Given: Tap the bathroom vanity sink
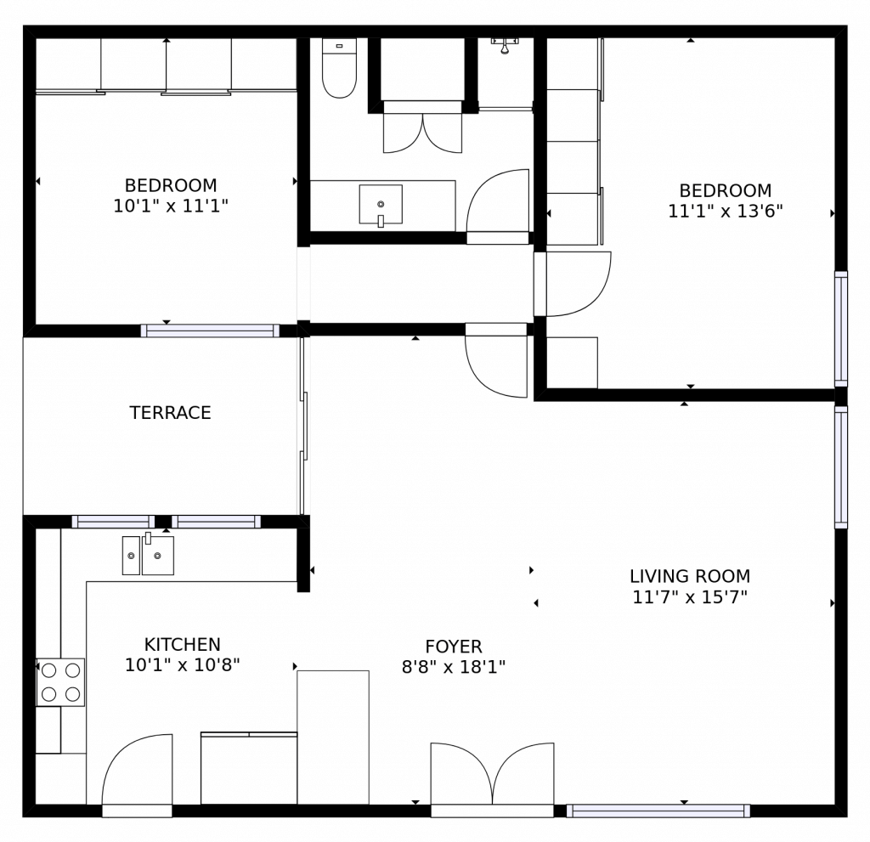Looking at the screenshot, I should pyautogui.click(x=381, y=205).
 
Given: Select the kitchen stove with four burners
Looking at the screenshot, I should pyautogui.click(x=60, y=682).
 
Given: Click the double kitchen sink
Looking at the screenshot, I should pyautogui.click(x=148, y=556).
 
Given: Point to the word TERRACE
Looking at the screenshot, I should pyautogui.click(x=170, y=413).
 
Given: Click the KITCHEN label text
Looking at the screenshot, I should pyautogui.click(x=182, y=645).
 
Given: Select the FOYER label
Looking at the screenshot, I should pyautogui.click(x=454, y=647).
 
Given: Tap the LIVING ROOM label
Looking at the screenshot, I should pyautogui.click(x=689, y=577).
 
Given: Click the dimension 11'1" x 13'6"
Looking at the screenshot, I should pyautogui.click(x=725, y=212).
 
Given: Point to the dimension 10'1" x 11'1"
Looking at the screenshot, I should pyautogui.click(x=171, y=206).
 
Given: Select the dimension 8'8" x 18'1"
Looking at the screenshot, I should pyautogui.click(x=454, y=667).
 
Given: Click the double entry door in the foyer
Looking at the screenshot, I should pyautogui.click(x=492, y=775).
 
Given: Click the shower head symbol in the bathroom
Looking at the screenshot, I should pyautogui.click(x=505, y=45).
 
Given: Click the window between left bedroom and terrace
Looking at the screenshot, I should pyautogui.click(x=210, y=331).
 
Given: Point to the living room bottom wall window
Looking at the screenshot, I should pyautogui.click(x=658, y=811).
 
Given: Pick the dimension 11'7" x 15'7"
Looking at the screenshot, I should pyautogui.click(x=689, y=597).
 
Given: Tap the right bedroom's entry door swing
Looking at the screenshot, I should pyautogui.click(x=576, y=284).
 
